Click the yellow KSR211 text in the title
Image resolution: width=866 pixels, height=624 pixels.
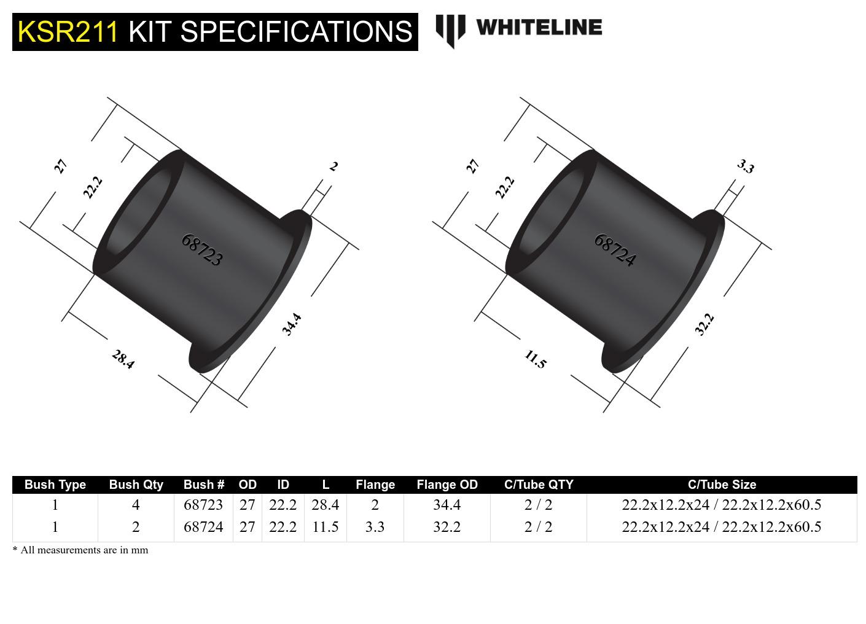pyautogui.click(x=68, y=31)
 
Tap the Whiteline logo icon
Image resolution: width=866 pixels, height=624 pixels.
pyautogui.click(x=450, y=31)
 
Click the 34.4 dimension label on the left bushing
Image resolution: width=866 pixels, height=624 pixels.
pyautogui.click(x=292, y=324)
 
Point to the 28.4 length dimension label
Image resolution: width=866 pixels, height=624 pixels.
pyautogui.click(x=123, y=359)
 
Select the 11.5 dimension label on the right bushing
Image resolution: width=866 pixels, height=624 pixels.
pyautogui.click(x=535, y=359)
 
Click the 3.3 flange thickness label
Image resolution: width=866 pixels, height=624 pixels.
pyautogui.click(x=745, y=166)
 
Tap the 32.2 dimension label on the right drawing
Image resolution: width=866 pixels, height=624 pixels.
pyautogui.click(x=704, y=324)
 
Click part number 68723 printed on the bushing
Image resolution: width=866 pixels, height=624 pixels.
pyautogui.click(x=201, y=249)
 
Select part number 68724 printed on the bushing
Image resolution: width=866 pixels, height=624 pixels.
pyautogui.click(x=614, y=249)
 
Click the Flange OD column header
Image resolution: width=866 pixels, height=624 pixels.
pyautogui.click(x=447, y=485)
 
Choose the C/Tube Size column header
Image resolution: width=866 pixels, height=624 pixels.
pyautogui.click(x=722, y=485)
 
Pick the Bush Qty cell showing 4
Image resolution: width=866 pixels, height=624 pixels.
pyautogui.click(x=136, y=505)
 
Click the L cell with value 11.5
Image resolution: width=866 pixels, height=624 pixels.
pyautogui.click(x=325, y=527)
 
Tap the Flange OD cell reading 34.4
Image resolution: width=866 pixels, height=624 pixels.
pyautogui.click(x=447, y=505)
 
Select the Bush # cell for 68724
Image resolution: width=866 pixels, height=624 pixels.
pyautogui.click(x=203, y=527)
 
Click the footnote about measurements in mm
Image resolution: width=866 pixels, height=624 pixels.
pyautogui.click(x=80, y=550)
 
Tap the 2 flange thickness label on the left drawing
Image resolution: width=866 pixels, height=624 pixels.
pyautogui.click(x=334, y=166)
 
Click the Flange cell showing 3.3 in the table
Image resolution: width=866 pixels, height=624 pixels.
pyautogui.click(x=375, y=527)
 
